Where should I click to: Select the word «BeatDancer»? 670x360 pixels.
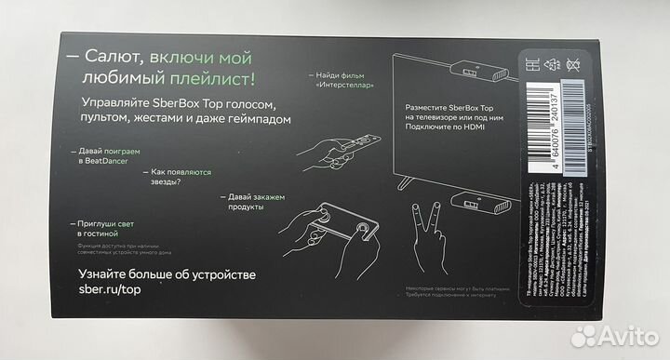click(102, 161)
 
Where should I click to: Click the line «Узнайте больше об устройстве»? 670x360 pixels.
click(168, 275)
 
